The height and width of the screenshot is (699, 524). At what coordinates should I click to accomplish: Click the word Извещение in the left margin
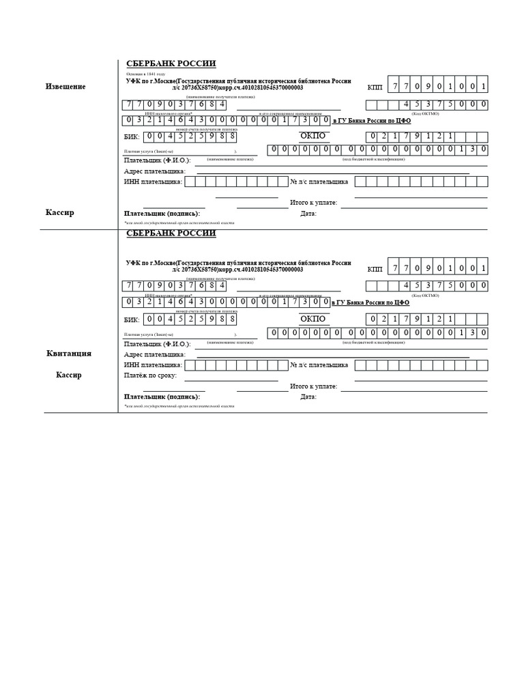[65, 87]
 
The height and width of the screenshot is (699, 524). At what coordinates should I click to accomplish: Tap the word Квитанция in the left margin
[68, 354]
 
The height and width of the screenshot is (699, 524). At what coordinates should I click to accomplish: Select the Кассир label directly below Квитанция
[68, 375]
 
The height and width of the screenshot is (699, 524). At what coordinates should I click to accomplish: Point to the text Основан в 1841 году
[146, 73]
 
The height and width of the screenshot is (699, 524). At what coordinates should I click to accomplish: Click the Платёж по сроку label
[150, 375]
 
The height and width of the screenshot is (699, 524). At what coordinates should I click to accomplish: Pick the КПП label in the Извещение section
[375, 87]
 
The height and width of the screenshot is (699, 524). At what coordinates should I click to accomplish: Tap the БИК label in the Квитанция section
[132, 319]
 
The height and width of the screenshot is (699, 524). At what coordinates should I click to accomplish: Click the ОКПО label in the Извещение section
[313, 136]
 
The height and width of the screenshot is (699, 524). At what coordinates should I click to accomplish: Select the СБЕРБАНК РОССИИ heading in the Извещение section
[171, 63]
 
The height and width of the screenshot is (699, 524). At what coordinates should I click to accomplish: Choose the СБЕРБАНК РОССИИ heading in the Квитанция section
[171, 233]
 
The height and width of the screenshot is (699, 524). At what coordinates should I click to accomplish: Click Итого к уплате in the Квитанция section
[314, 386]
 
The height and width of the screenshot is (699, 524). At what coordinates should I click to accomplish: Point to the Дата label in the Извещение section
[308, 214]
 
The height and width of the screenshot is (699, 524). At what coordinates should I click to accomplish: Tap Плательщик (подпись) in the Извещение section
[162, 213]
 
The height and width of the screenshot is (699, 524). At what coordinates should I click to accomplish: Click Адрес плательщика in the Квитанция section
[155, 355]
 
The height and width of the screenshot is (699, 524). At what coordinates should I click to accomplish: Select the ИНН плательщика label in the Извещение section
[153, 182]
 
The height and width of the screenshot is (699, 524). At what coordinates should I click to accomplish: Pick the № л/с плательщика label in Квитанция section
[319, 365]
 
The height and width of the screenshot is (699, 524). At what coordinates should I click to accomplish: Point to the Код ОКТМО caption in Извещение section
[425, 113]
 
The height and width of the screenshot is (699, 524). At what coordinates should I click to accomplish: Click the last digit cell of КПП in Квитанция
[482, 268]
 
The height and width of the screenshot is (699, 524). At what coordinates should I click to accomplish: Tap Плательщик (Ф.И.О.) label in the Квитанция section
[158, 345]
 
